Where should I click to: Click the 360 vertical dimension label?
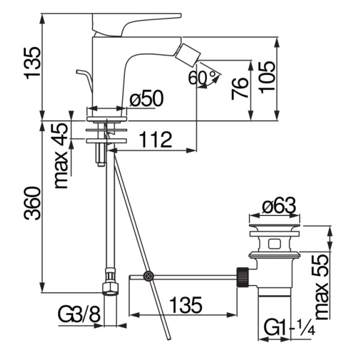coord(32,203)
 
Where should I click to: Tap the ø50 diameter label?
coord(146,99)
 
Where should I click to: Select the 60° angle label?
coord(202,77)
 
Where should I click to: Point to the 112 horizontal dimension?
coord(155,140)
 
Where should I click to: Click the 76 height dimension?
coord(239,89)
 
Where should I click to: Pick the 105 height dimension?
coord(267,77)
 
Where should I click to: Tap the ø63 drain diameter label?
coord(279,205)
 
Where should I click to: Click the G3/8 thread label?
coord(79,314)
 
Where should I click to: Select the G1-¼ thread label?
coord(289,327)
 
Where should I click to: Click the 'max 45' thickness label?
coord(61,156)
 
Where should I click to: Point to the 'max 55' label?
coord(321,287)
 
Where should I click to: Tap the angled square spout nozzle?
coord(188,55)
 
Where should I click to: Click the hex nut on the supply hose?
coord(110,289)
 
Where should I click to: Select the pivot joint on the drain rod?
coord(148,276)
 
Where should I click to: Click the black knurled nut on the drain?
coord(242,277)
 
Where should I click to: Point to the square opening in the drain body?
coord(274,244)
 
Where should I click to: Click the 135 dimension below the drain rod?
coord(186,305)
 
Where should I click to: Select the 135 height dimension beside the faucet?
coord(32,63)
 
